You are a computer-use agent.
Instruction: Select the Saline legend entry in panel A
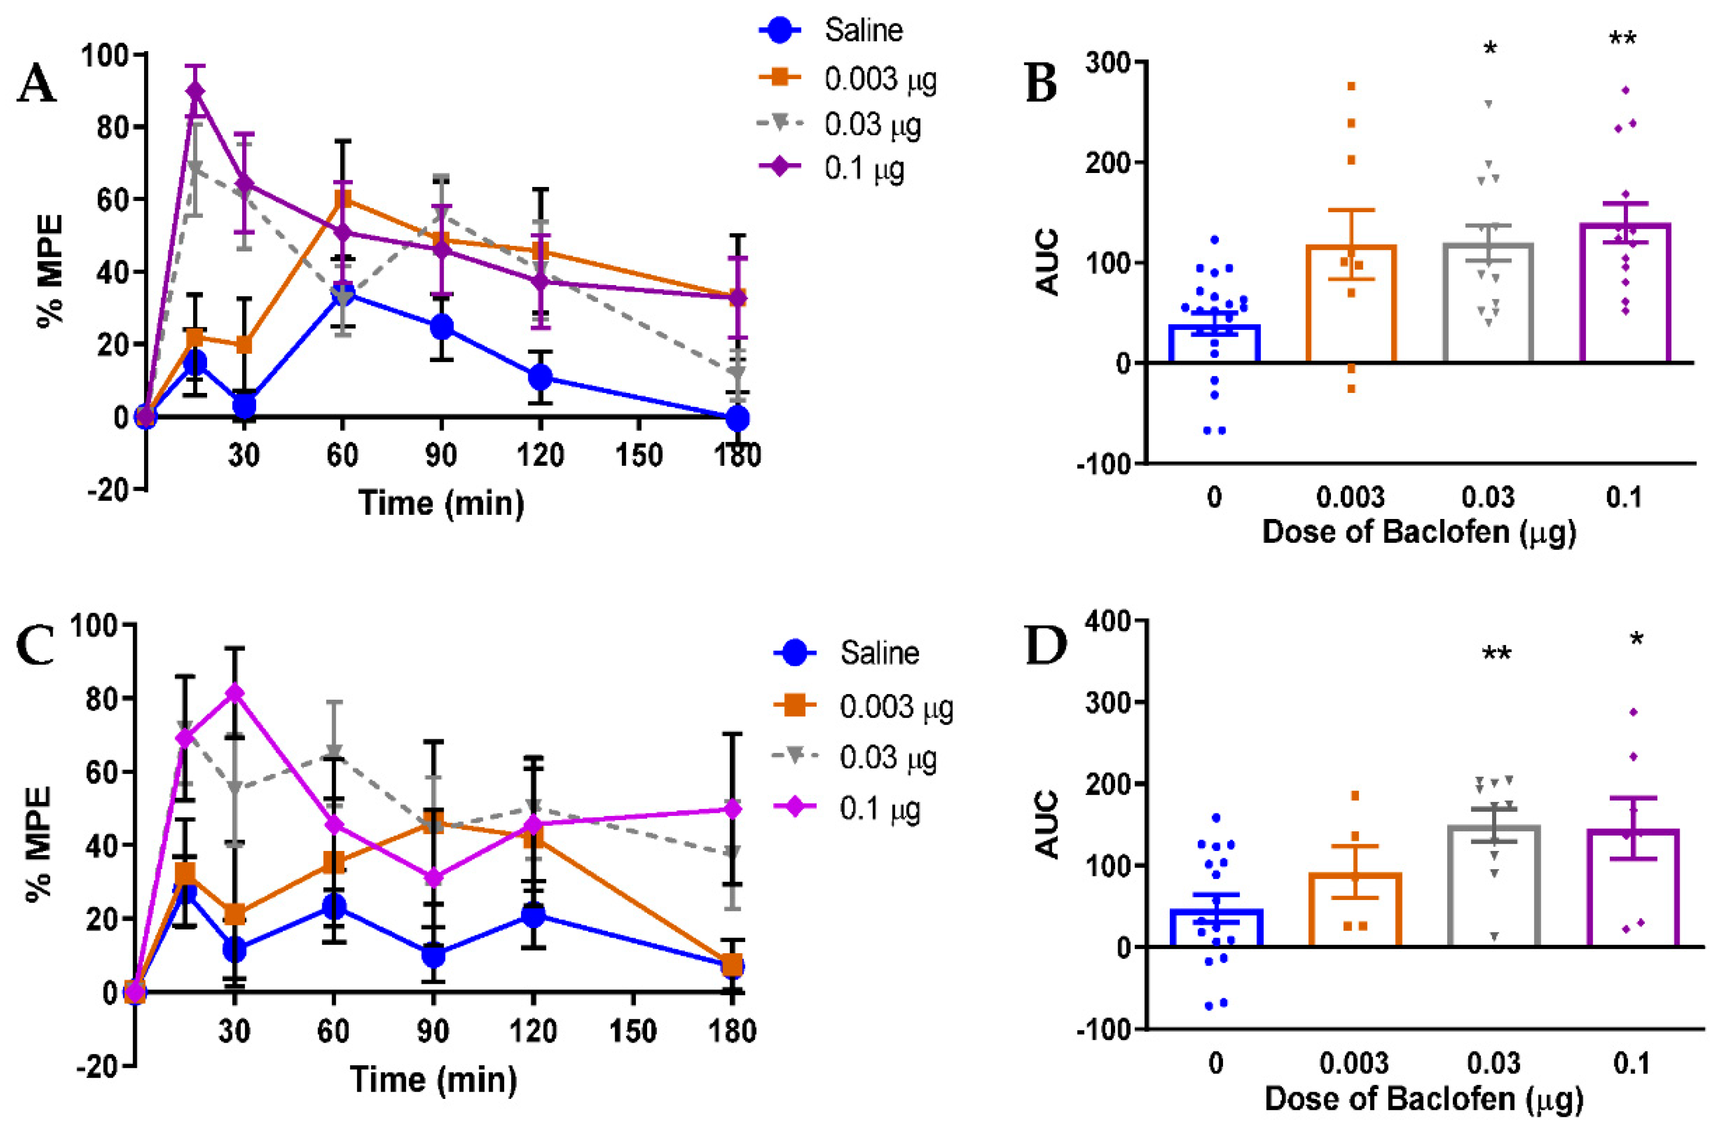tap(830, 30)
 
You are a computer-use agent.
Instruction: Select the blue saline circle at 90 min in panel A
tap(442, 327)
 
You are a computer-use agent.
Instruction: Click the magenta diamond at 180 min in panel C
tap(733, 808)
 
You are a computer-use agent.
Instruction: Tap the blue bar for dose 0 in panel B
tap(1215, 343)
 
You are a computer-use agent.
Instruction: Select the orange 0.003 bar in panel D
tap(1355, 909)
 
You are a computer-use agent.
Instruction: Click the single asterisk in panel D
tap(1637, 640)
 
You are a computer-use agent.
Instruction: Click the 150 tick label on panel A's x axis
tap(638, 455)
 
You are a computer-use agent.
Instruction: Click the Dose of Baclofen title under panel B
tap(1419, 532)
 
